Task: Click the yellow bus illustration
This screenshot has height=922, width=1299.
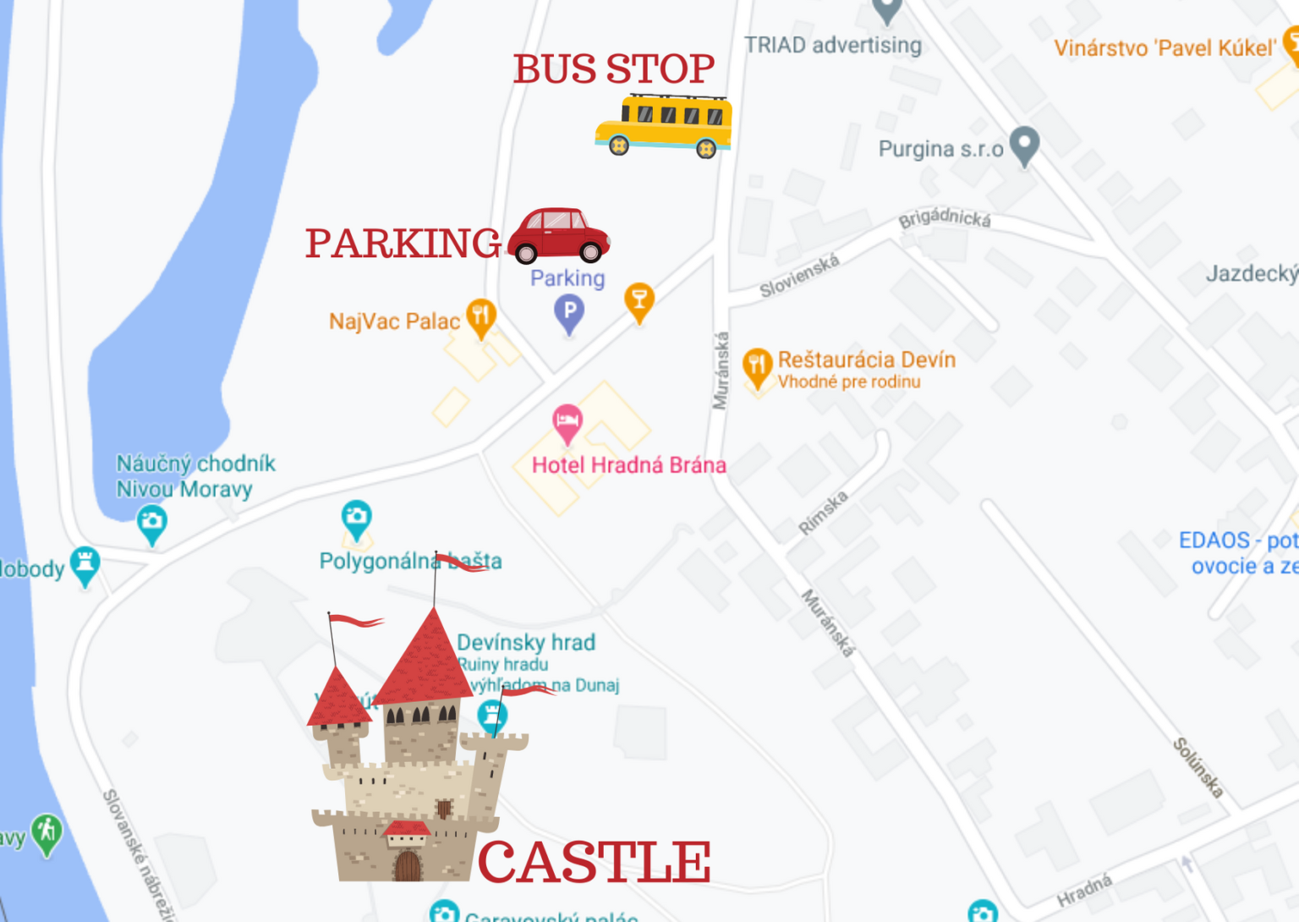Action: point(665,125)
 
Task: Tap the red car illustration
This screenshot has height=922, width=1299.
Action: point(558,234)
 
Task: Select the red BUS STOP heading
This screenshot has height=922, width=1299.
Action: point(614,69)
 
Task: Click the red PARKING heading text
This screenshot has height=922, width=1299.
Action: point(403,244)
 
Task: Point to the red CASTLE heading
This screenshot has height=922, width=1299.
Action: point(595,862)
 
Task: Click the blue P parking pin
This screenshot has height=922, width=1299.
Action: point(569,311)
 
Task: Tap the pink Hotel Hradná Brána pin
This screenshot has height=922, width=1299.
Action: point(567,420)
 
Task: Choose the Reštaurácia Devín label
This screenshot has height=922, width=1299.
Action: point(866,359)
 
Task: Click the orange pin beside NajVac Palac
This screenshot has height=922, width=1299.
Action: point(481,316)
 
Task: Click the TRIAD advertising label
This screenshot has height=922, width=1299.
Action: point(833,45)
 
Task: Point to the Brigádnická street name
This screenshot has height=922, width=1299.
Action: point(945,218)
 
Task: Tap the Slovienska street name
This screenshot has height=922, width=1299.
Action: point(799,276)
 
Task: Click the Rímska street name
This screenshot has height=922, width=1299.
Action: point(823,513)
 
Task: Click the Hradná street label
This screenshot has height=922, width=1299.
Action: point(1085,890)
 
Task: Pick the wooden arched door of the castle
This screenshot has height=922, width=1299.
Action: point(408,866)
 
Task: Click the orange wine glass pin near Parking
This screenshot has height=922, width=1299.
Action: point(639,300)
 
